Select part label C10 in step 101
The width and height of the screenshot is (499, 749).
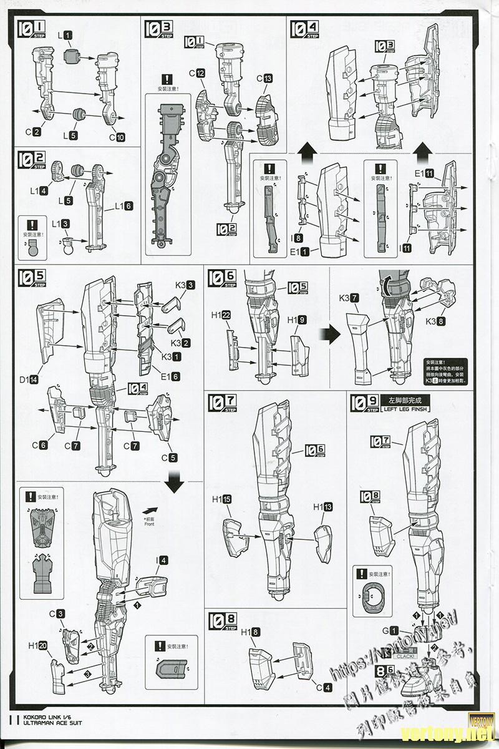coord(117,137)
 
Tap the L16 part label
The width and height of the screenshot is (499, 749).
coord(124,205)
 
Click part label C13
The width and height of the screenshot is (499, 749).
coord(264,79)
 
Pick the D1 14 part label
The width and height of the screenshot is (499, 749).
coord(29,379)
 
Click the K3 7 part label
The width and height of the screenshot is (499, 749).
coord(349,298)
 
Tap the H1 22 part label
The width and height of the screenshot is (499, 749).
coord(221,316)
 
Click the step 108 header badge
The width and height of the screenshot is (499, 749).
coord(223,620)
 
